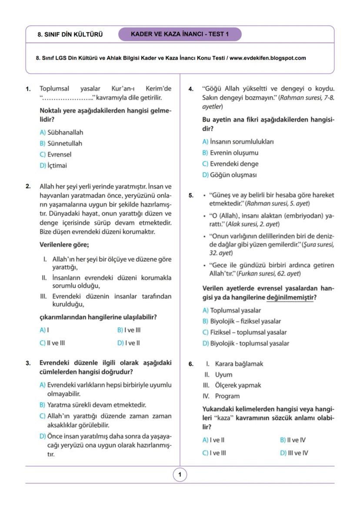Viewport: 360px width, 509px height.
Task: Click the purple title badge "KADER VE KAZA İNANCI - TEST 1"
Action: pyautogui.click(x=180, y=34)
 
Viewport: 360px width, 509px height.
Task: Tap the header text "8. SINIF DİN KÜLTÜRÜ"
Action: pyautogui.click(x=70, y=34)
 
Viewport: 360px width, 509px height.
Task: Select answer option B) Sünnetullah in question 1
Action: pyautogui.click(x=61, y=143)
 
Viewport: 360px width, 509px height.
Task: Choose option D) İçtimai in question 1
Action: pyautogui.click(x=53, y=166)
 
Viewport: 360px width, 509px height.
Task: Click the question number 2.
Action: pyautogui.click(x=28, y=186)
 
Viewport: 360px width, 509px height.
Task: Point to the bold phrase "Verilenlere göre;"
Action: pyautogui.click(x=64, y=245)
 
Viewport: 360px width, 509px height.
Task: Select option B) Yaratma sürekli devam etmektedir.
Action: pyautogui.click(x=92, y=405)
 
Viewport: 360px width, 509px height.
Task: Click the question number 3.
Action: pyautogui.click(x=28, y=363)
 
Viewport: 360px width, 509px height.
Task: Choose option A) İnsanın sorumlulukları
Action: pyautogui.click(x=238, y=142)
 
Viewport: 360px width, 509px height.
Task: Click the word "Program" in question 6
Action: pyautogui.click(x=227, y=396)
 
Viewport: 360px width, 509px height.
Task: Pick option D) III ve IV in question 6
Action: pyautogui.click(x=294, y=452)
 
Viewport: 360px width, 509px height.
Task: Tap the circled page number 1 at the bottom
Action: pyautogui.click(x=180, y=475)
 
